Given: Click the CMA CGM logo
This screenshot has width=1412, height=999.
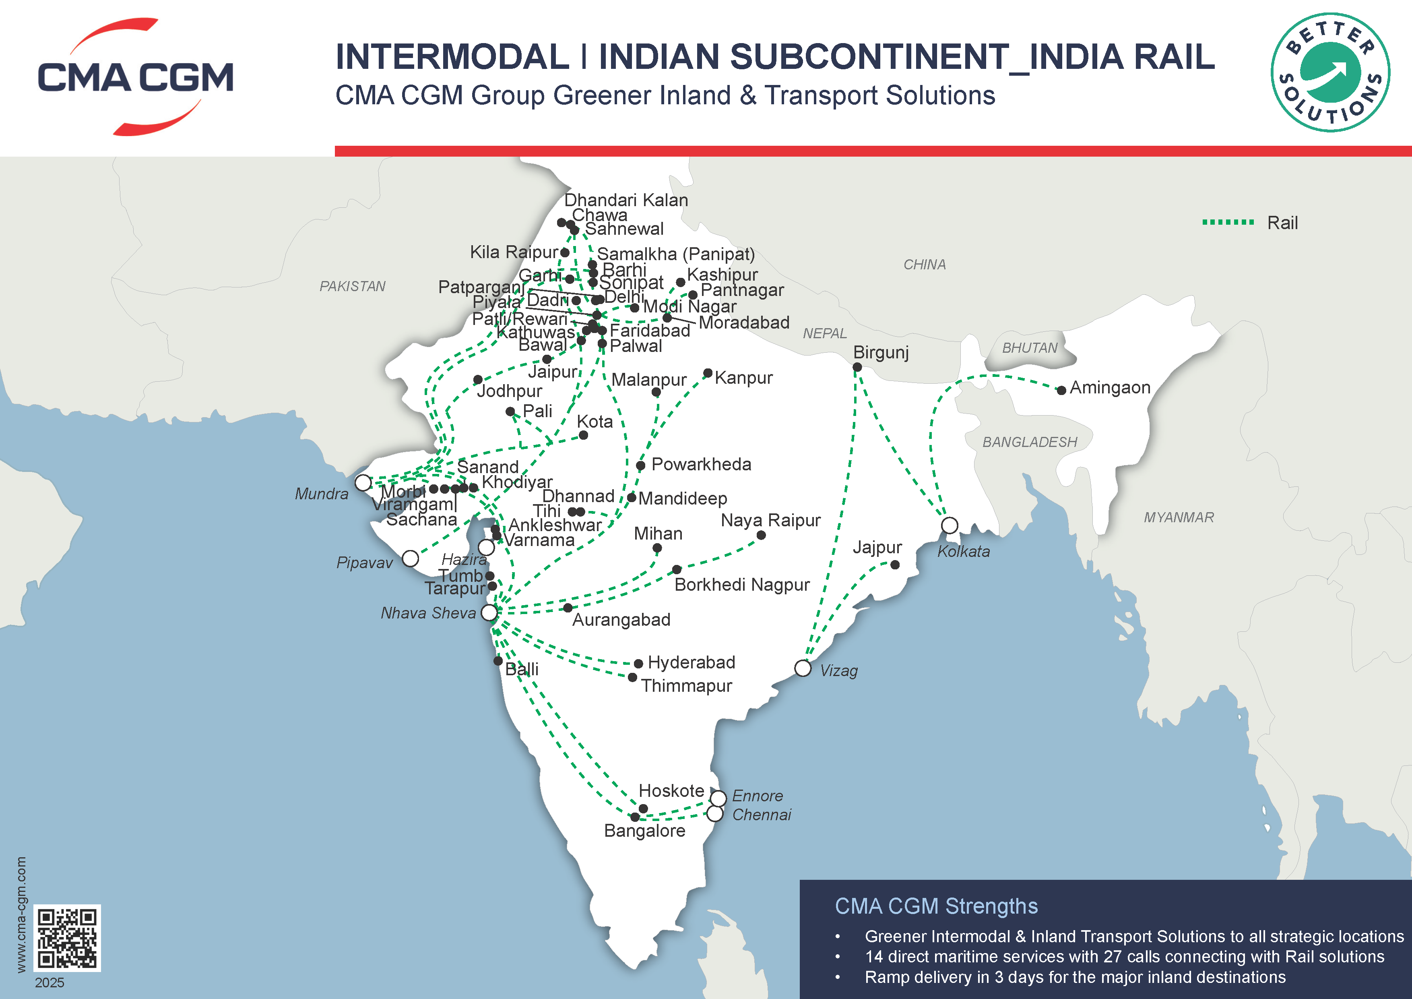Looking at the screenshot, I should click(x=135, y=77).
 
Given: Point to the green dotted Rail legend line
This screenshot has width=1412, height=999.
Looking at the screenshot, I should click(x=1228, y=222).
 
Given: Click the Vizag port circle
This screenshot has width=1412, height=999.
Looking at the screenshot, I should click(x=803, y=668).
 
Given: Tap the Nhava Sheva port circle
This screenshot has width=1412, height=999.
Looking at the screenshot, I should click(x=489, y=613).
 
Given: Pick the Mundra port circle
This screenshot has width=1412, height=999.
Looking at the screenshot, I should click(x=363, y=483).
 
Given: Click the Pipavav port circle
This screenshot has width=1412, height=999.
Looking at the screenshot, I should click(x=410, y=558).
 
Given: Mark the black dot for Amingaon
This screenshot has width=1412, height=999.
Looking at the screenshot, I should click(x=1061, y=390).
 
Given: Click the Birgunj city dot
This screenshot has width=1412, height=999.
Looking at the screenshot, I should click(x=857, y=367).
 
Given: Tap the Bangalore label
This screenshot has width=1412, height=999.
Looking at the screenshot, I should click(x=644, y=831).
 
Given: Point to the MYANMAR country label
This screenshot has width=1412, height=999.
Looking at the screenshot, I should click(x=1179, y=517).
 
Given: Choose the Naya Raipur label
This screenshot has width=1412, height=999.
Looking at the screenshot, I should click(x=770, y=520).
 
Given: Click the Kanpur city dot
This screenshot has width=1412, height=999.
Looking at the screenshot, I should click(x=708, y=373).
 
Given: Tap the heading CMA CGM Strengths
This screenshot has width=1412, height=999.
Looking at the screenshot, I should click(x=936, y=906).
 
